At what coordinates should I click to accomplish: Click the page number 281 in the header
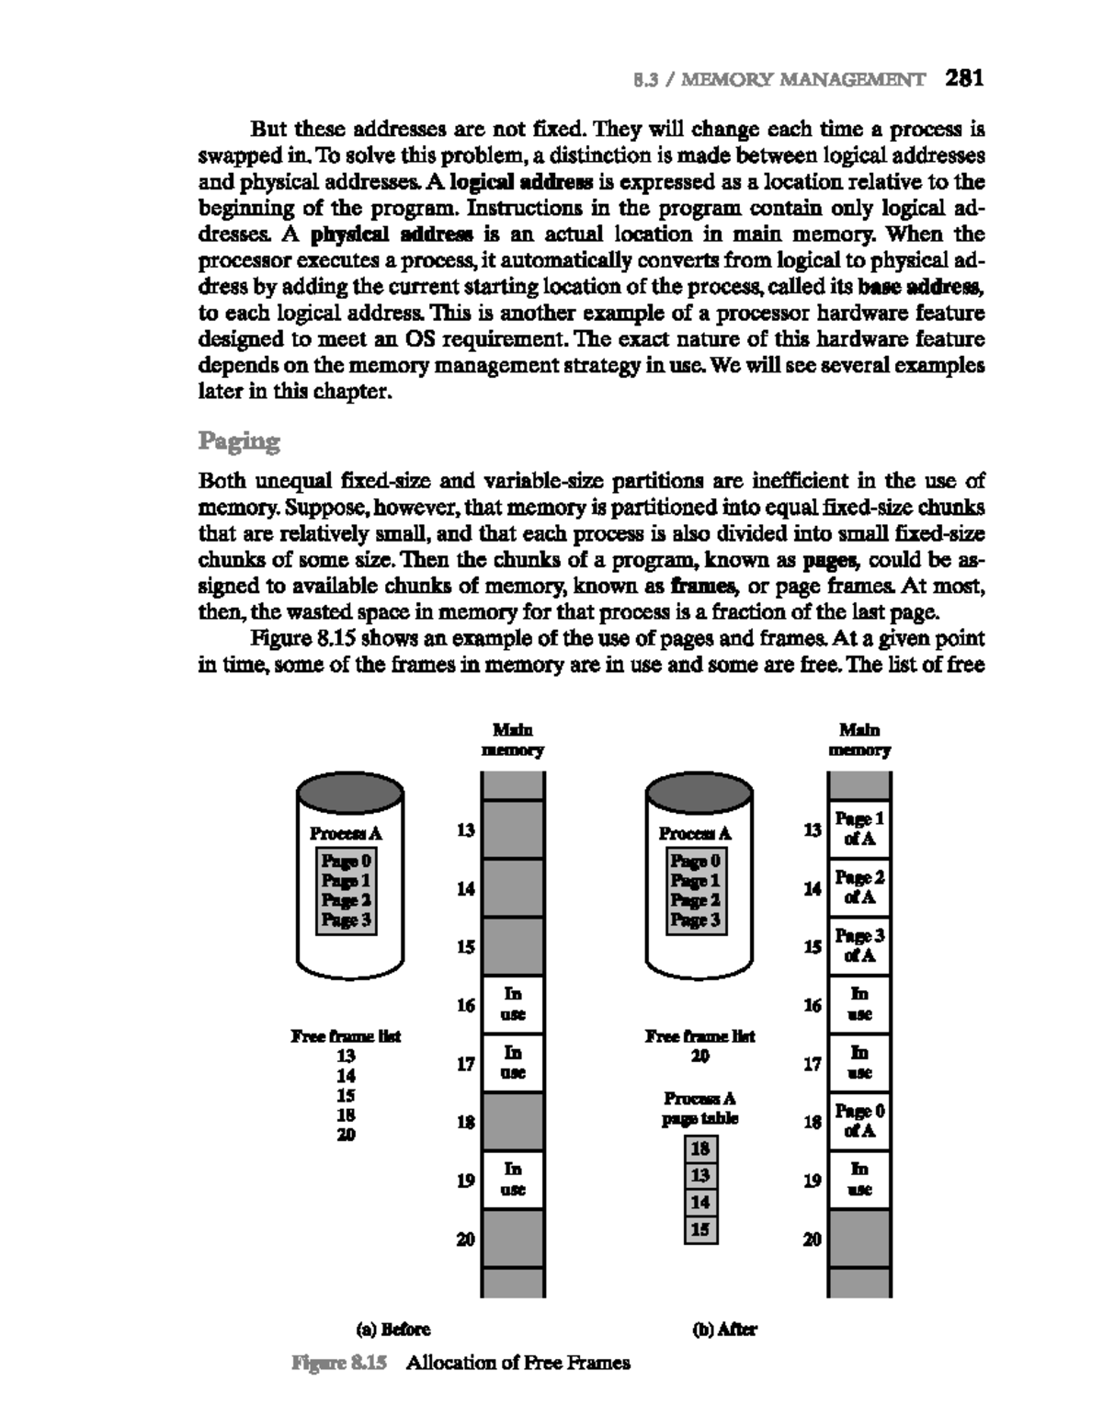click(x=964, y=78)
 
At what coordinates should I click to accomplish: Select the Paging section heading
click(x=239, y=441)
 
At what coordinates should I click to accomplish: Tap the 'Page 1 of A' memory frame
click(x=859, y=828)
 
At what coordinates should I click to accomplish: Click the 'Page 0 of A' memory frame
click(x=859, y=1121)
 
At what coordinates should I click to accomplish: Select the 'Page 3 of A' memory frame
click(x=859, y=945)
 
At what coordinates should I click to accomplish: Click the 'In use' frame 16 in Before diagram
click(x=513, y=1004)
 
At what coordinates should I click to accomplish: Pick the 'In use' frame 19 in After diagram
click(x=859, y=1180)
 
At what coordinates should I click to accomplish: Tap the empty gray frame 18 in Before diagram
click(x=513, y=1121)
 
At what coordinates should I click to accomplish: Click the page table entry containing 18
click(x=700, y=1148)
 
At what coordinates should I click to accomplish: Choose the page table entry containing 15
click(x=700, y=1228)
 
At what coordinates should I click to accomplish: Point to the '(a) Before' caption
click(x=392, y=1329)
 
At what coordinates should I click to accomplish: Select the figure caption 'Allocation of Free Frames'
click(x=518, y=1363)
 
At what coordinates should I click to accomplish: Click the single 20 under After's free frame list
click(x=700, y=1057)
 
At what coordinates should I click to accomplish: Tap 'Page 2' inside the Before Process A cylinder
click(x=346, y=900)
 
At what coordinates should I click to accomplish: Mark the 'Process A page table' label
click(x=700, y=1109)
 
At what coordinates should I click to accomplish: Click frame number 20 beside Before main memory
click(x=466, y=1240)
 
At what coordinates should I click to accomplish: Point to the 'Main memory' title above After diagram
click(x=859, y=739)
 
